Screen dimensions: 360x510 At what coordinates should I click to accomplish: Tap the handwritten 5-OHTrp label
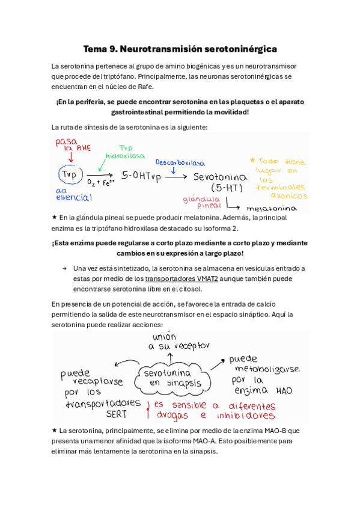(x=141, y=176)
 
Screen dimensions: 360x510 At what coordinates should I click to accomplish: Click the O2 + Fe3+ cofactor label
(x=100, y=183)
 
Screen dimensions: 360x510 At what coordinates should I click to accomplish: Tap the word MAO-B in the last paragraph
(x=272, y=431)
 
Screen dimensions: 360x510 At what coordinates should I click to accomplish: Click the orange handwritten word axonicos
(x=288, y=195)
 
